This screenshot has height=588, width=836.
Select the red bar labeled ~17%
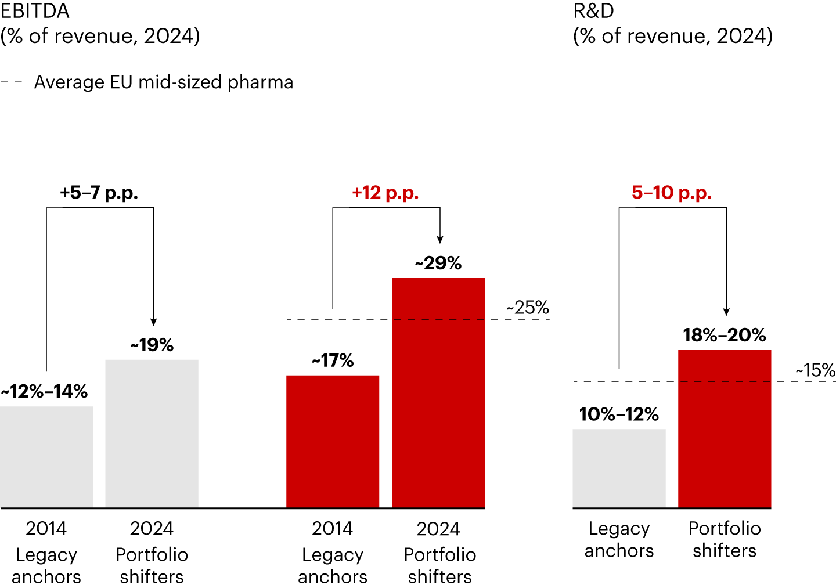(333, 441)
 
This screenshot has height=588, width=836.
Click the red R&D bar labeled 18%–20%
(725, 429)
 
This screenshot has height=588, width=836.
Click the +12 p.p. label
(385, 193)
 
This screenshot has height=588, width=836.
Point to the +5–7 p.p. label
(99, 193)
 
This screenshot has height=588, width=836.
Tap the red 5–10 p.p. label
(672, 193)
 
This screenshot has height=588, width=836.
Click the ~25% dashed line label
(528, 308)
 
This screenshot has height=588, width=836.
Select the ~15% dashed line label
(815, 370)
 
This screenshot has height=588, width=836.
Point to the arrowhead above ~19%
(154, 322)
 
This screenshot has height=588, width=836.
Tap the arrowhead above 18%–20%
(726, 312)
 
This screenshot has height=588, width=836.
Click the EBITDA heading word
(35, 12)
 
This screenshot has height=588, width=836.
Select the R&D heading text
(593, 12)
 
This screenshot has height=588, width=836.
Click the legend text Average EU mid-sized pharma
(164, 82)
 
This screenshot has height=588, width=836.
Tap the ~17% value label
(333, 360)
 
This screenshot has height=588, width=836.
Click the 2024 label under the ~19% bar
(152, 528)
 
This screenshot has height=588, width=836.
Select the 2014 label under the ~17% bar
(333, 528)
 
